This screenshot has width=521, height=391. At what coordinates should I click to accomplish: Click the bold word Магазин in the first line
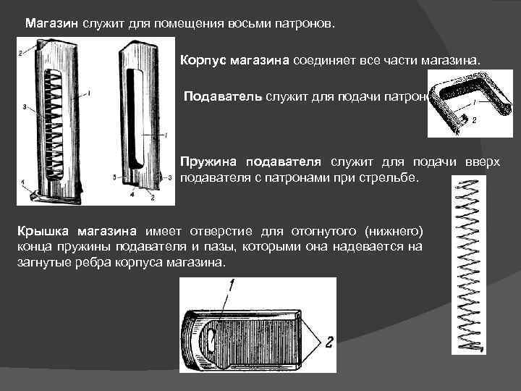point(51,23)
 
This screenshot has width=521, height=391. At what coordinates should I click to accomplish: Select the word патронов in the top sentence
point(305,23)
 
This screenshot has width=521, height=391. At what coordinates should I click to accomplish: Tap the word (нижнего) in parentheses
point(395,232)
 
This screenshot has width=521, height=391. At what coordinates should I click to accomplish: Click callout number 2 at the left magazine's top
point(21,53)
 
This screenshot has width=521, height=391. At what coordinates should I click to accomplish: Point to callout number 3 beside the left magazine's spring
point(25,107)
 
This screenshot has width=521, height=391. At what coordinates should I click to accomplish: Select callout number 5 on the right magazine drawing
point(117,177)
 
